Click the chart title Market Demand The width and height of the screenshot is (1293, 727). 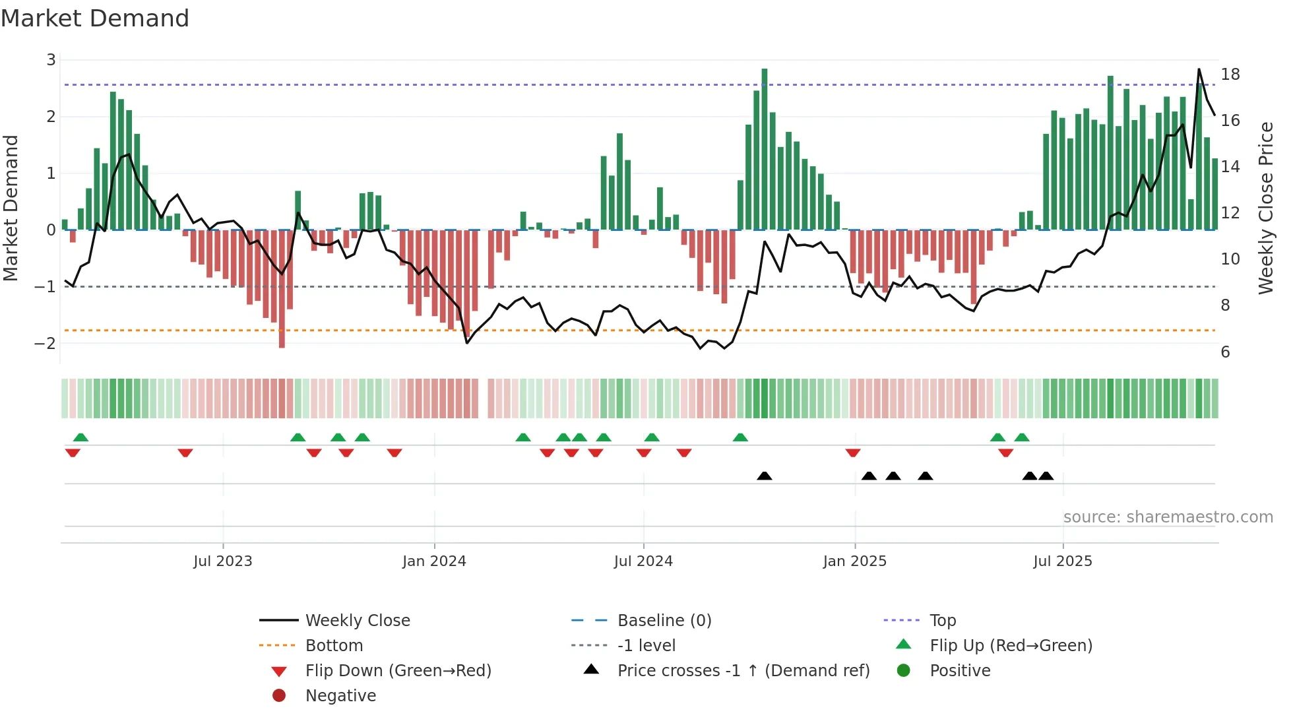95,18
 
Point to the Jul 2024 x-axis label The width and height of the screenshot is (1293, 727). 643,561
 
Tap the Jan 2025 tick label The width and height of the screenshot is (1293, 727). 854,561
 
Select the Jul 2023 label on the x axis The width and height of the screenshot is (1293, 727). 223,561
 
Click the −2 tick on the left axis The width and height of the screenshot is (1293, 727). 46,343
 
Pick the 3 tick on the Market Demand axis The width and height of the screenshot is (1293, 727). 51,60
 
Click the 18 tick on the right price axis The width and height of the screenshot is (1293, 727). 1230,74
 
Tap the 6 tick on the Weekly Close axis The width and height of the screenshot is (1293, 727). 1225,352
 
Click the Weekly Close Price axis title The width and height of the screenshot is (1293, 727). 1265,208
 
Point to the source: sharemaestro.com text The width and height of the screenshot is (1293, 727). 1168,517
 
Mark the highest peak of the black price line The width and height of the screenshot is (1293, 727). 1199,69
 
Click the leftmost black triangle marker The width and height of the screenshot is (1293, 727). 764,476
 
